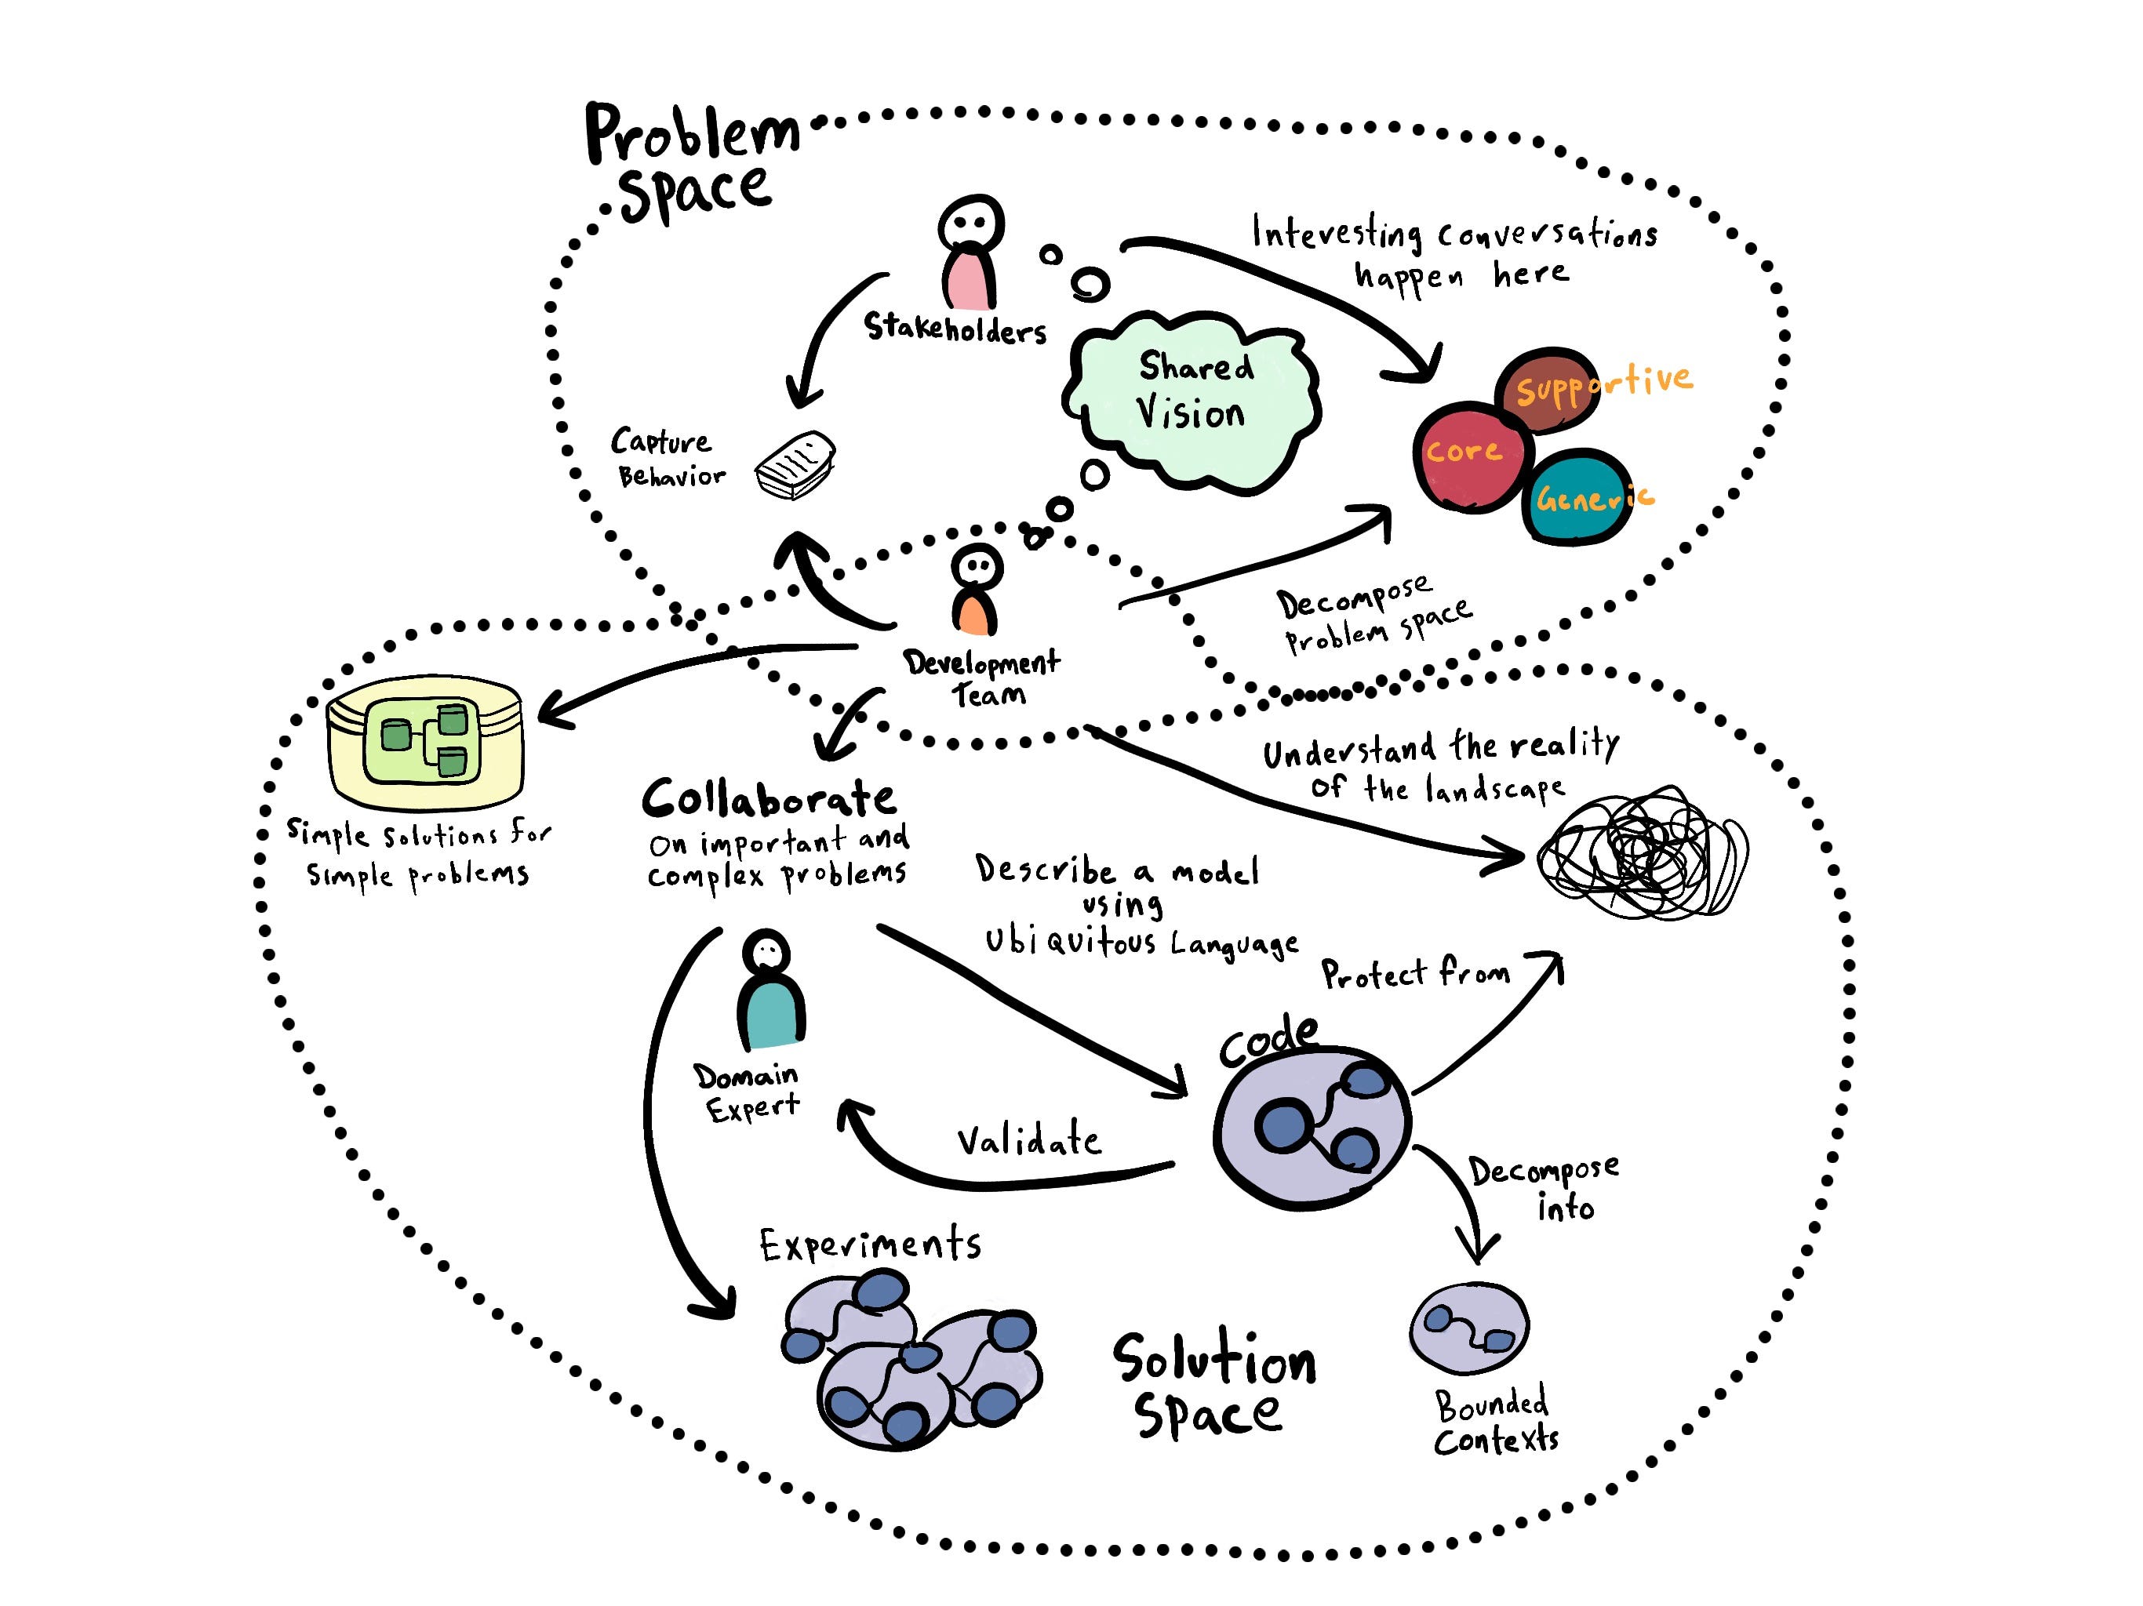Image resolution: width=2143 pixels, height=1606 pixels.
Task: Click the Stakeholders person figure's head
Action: click(x=970, y=223)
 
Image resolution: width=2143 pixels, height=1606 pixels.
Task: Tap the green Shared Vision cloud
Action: click(x=1192, y=397)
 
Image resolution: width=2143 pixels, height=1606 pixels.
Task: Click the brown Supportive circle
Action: click(x=1547, y=390)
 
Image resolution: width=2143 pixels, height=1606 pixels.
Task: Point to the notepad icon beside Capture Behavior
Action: click(x=795, y=466)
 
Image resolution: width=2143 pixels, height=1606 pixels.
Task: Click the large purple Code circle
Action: click(x=1312, y=1128)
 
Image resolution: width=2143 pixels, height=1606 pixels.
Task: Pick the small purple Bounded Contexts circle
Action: click(x=1468, y=1328)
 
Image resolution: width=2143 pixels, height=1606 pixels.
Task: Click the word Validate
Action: click(x=1029, y=1141)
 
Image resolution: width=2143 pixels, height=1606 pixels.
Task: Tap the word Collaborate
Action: click(x=770, y=800)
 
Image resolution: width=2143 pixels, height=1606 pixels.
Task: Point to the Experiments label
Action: click(x=870, y=1245)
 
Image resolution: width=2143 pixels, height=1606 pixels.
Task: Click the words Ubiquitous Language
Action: click(x=1141, y=943)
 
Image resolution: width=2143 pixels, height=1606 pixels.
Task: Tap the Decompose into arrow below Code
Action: click(x=1462, y=1201)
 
